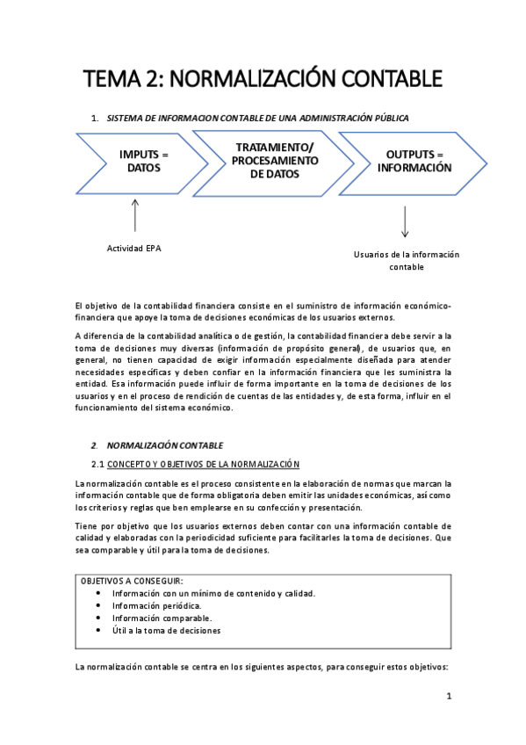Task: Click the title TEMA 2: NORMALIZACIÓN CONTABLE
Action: point(263,78)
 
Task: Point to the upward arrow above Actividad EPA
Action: point(134,213)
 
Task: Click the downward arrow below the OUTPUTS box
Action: point(405,221)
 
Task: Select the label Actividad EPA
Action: point(134,248)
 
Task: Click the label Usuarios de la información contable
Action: point(406,261)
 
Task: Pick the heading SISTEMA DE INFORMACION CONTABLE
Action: point(256,117)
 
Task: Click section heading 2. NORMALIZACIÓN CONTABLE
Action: point(164,445)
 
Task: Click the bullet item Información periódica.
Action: point(156,605)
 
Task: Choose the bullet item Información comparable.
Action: point(162,618)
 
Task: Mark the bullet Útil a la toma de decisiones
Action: point(166,630)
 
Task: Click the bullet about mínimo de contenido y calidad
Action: point(213,593)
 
